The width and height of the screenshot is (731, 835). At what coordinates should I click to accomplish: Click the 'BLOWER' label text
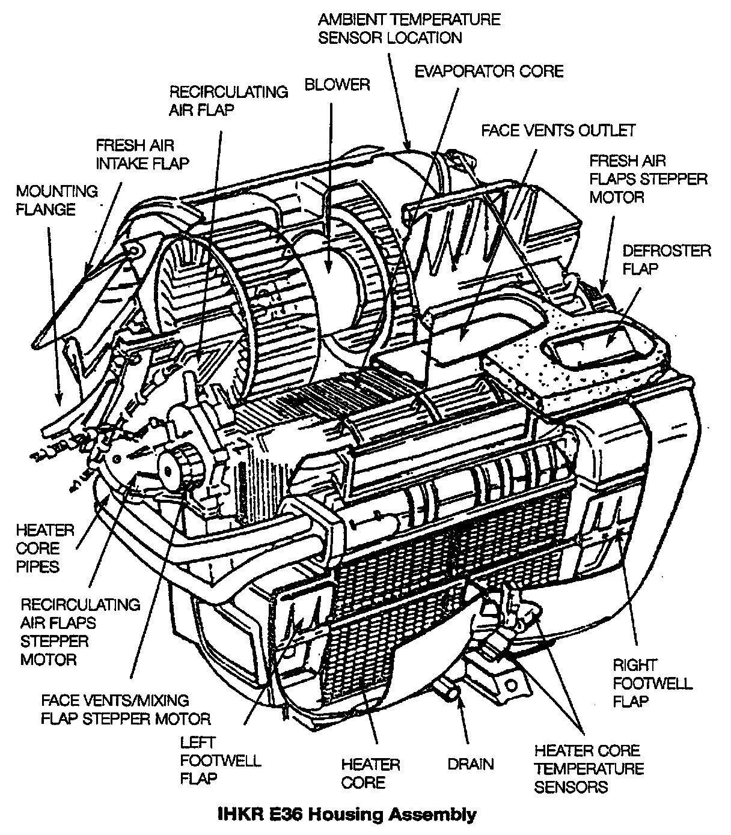pos(337,85)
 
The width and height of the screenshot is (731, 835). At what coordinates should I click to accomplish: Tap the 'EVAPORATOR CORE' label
pos(489,71)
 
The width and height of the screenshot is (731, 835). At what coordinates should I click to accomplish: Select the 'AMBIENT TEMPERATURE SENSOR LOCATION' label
pos(409,28)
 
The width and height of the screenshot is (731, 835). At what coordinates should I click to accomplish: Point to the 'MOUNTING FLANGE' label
pos(57,201)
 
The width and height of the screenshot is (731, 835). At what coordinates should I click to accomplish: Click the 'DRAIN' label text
pos(471,764)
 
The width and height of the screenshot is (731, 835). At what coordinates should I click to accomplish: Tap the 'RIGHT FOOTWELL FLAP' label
pos(652,684)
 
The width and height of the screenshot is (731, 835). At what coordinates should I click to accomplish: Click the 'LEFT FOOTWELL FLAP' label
pos(220,761)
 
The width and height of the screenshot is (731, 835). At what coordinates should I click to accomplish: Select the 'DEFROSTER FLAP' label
pos(666,260)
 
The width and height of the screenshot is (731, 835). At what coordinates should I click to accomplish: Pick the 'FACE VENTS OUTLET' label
pos(558,130)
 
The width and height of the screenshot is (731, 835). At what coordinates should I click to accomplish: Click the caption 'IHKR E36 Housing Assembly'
pos(346,815)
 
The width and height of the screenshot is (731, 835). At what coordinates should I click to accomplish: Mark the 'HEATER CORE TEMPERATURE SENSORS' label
pos(589,768)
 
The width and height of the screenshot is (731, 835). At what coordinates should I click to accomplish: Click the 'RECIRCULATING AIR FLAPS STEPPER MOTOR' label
pos(80,632)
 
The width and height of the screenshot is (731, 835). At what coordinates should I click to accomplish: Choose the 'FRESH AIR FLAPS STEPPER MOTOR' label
pos(648,179)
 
